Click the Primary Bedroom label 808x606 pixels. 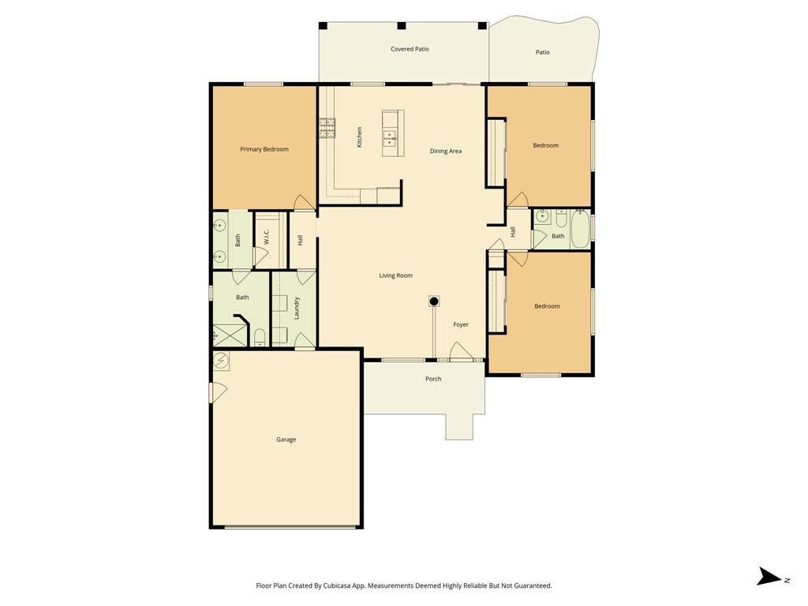[264, 149]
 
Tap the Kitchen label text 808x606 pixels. [359, 137]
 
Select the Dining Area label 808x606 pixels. [446, 151]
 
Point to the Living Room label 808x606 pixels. [396, 275]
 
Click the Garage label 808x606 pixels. [286, 440]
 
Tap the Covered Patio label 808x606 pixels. [410, 49]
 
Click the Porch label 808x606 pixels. [433, 379]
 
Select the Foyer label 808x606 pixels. [461, 324]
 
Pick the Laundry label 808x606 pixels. [297, 309]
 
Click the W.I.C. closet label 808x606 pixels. [267, 237]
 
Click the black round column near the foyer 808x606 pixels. [434, 301]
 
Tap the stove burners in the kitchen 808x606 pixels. [327, 129]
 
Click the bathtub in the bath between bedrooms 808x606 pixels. [580, 229]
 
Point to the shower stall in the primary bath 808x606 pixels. [230, 335]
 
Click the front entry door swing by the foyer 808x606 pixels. [461, 351]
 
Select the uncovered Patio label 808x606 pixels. [543, 52]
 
